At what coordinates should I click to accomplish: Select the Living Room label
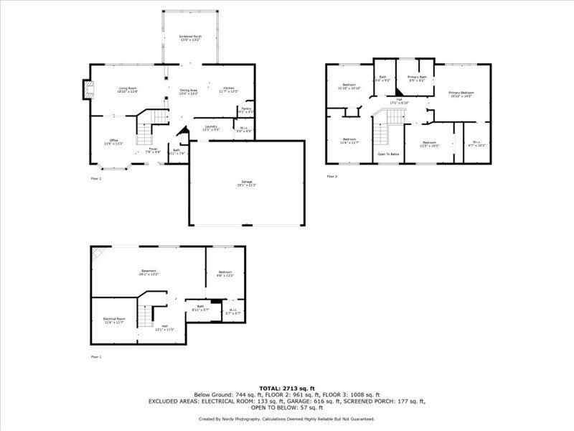click(128, 90)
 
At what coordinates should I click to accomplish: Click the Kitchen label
click(228, 90)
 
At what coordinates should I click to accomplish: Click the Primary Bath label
click(417, 78)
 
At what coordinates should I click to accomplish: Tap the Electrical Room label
click(115, 320)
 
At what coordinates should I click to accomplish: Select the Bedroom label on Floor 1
click(225, 274)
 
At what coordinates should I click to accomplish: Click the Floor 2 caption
click(96, 178)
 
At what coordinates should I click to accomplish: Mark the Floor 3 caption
click(331, 176)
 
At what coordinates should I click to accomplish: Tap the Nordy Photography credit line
click(287, 419)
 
